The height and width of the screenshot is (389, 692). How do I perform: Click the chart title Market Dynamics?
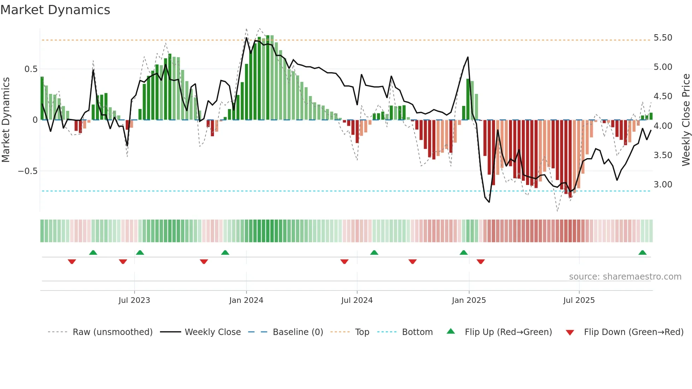click(x=55, y=10)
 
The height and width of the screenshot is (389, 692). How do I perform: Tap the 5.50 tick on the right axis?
click(x=663, y=38)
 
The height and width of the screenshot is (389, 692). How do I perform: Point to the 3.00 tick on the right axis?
click(x=663, y=185)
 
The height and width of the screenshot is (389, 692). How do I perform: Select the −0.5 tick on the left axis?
click(x=28, y=171)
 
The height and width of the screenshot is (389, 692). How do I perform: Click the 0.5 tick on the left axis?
click(x=31, y=69)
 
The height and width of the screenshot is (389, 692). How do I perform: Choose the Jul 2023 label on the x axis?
click(x=134, y=300)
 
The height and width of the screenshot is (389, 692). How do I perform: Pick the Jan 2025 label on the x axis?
click(x=469, y=300)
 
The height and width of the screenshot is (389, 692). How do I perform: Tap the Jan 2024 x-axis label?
click(x=246, y=300)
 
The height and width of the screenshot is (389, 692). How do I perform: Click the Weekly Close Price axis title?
click(x=686, y=120)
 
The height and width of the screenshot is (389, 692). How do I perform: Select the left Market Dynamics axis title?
click(x=6, y=120)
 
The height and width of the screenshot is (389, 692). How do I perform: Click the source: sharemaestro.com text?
click(x=625, y=277)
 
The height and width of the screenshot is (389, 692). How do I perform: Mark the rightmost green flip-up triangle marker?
click(x=642, y=253)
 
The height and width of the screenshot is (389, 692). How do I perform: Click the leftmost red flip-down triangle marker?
click(x=72, y=262)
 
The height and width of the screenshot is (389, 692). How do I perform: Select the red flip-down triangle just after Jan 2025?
click(x=481, y=262)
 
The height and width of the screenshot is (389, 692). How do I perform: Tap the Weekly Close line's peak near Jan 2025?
click(x=468, y=57)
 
